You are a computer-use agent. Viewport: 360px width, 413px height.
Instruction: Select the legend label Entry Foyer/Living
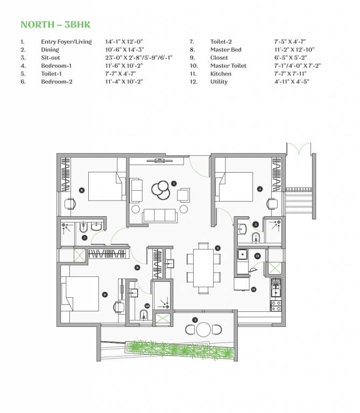tap(66, 41)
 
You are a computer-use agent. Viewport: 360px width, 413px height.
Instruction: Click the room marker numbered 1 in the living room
tap(174, 183)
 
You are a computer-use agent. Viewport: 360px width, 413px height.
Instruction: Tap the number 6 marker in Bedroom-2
tap(82, 190)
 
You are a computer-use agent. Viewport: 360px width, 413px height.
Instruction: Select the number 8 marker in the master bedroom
tap(105, 294)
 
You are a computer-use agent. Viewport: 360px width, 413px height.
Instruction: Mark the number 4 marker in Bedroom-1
tap(260, 189)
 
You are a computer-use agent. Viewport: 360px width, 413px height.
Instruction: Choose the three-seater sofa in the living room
tap(159, 216)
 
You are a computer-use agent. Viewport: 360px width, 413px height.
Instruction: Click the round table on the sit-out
tap(203, 329)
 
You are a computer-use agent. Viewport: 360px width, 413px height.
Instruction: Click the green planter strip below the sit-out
tap(180, 350)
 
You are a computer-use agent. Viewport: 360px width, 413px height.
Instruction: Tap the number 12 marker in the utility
tap(258, 256)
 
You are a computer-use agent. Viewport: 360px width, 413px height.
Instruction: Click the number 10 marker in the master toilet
tap(146, 307)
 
